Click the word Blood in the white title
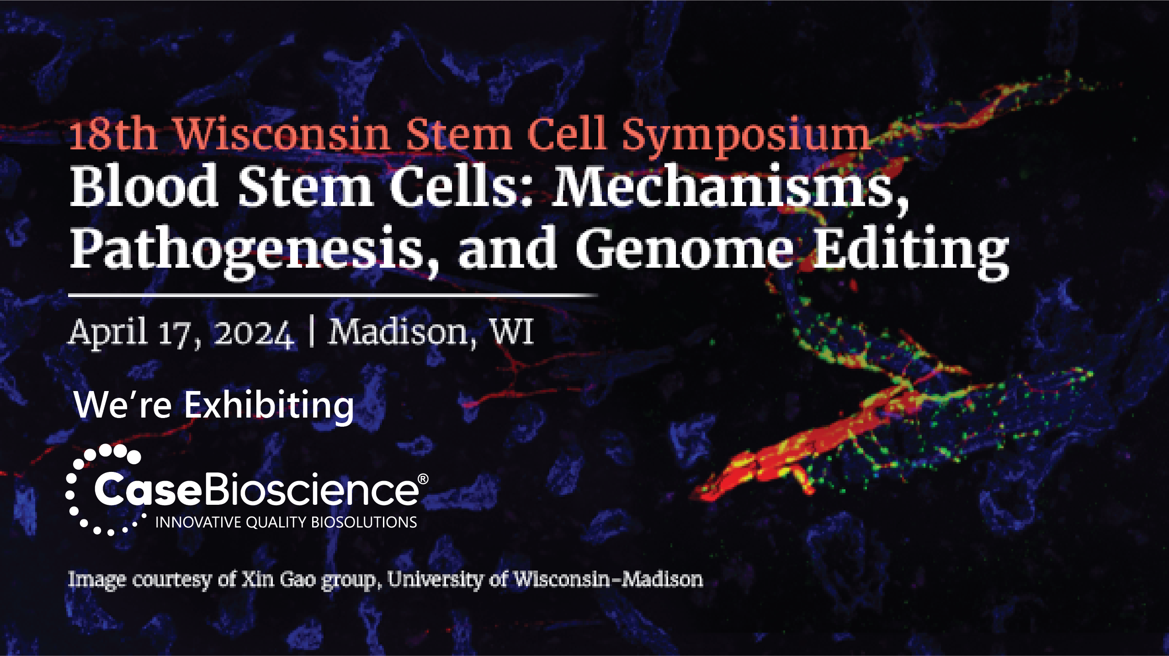point(144,185)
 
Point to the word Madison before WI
point(403,333)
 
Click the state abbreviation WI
point(511,331)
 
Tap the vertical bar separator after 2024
point(311,333)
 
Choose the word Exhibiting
point(269,406)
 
